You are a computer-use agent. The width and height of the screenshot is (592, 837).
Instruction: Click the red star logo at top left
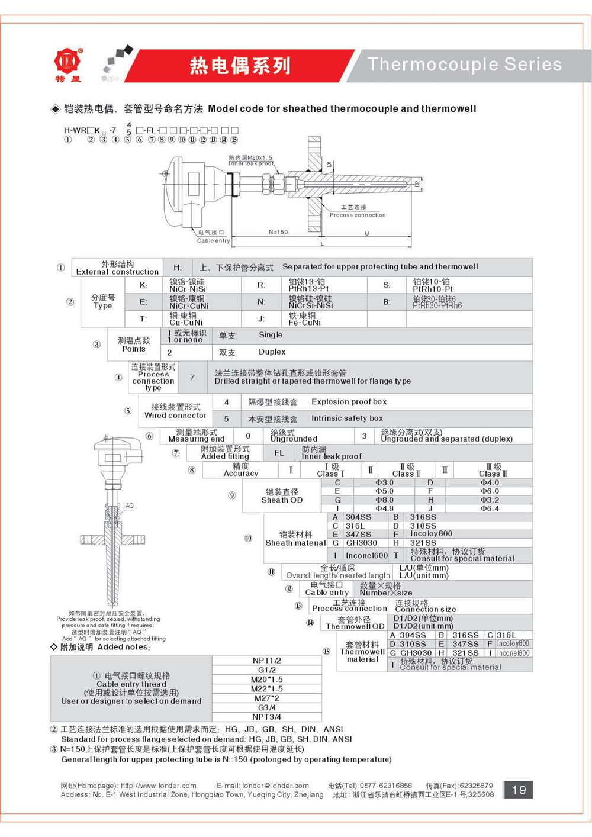click(67, 60)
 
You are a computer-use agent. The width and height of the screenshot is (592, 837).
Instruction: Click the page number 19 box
click(519, 790)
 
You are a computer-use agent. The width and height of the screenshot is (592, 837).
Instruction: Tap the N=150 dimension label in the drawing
click(278, 232)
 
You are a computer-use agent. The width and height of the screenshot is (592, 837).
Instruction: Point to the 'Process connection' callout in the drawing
click(357, 215)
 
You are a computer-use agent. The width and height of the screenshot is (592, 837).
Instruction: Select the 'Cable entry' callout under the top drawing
click(213, 240)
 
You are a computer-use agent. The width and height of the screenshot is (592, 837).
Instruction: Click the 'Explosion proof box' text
click(349, 402)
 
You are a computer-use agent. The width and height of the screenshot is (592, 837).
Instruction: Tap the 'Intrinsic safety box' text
click(347, 418)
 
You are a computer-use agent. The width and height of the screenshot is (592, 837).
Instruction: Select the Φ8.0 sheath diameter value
click(384, 500)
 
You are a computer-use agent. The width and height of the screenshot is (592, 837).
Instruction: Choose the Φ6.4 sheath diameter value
click(490, 508)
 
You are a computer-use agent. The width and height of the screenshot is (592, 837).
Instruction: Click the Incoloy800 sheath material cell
click(431, 534)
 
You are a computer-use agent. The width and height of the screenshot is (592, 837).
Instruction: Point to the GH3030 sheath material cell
click(361, 543)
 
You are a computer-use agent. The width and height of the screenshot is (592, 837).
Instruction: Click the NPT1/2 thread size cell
click(266, 661)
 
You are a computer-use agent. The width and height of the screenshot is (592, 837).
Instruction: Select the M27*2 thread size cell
click(266, 698)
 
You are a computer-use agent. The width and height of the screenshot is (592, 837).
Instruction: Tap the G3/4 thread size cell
click(266, 708)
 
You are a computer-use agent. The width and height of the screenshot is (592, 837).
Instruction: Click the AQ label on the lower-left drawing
click(130, 506)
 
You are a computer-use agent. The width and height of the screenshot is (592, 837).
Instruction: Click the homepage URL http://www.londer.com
click(158, 786)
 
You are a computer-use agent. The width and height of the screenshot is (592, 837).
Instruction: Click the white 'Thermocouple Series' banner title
click(465, 64)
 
